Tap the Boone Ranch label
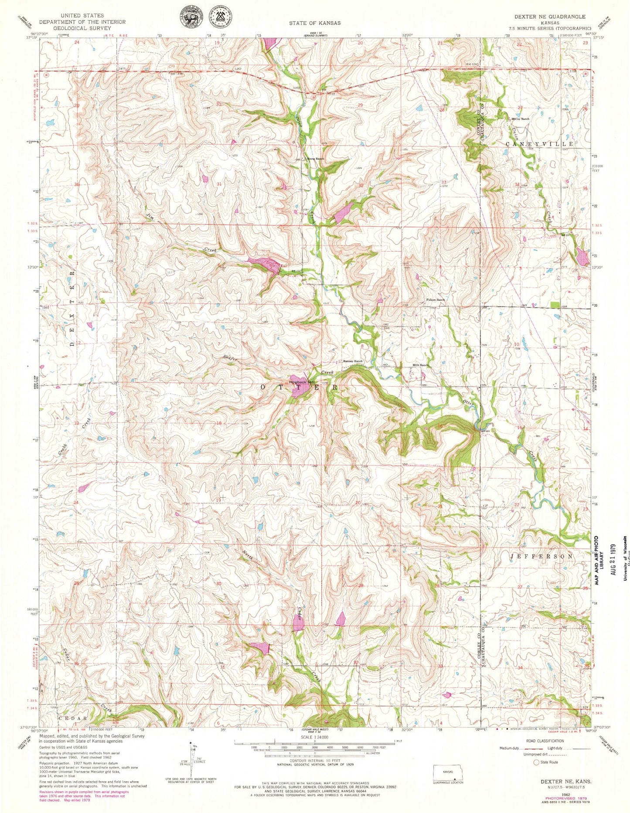point(316,159)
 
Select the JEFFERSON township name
point(541,557)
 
